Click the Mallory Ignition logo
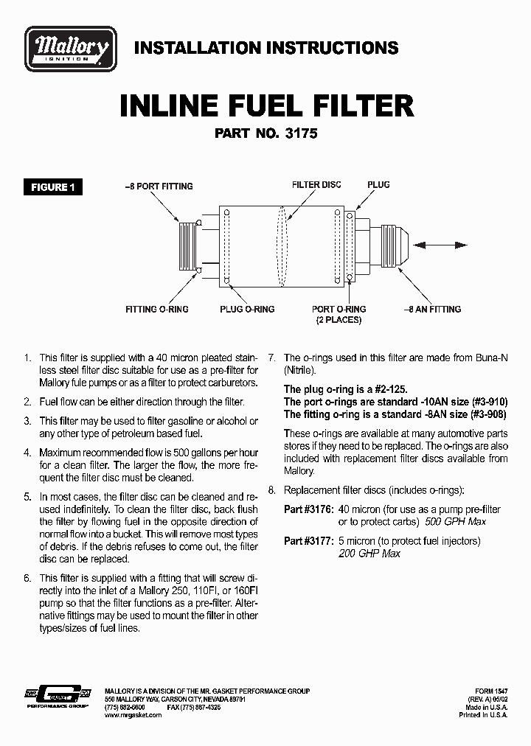[71, 49]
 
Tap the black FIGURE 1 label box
[52, 187]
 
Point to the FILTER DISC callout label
[316, 184]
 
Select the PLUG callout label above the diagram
[378, 184]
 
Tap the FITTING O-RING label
[157, 309]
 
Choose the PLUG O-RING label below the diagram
[247, 309]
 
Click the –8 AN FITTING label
[432, 309]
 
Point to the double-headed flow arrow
[440, 245]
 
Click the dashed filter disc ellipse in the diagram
[281, 245]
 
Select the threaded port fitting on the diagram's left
[188, 245]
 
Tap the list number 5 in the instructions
[27, 497]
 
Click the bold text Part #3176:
[309, 509]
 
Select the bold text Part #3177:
[309, 540]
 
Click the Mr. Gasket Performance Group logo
[58, 696]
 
